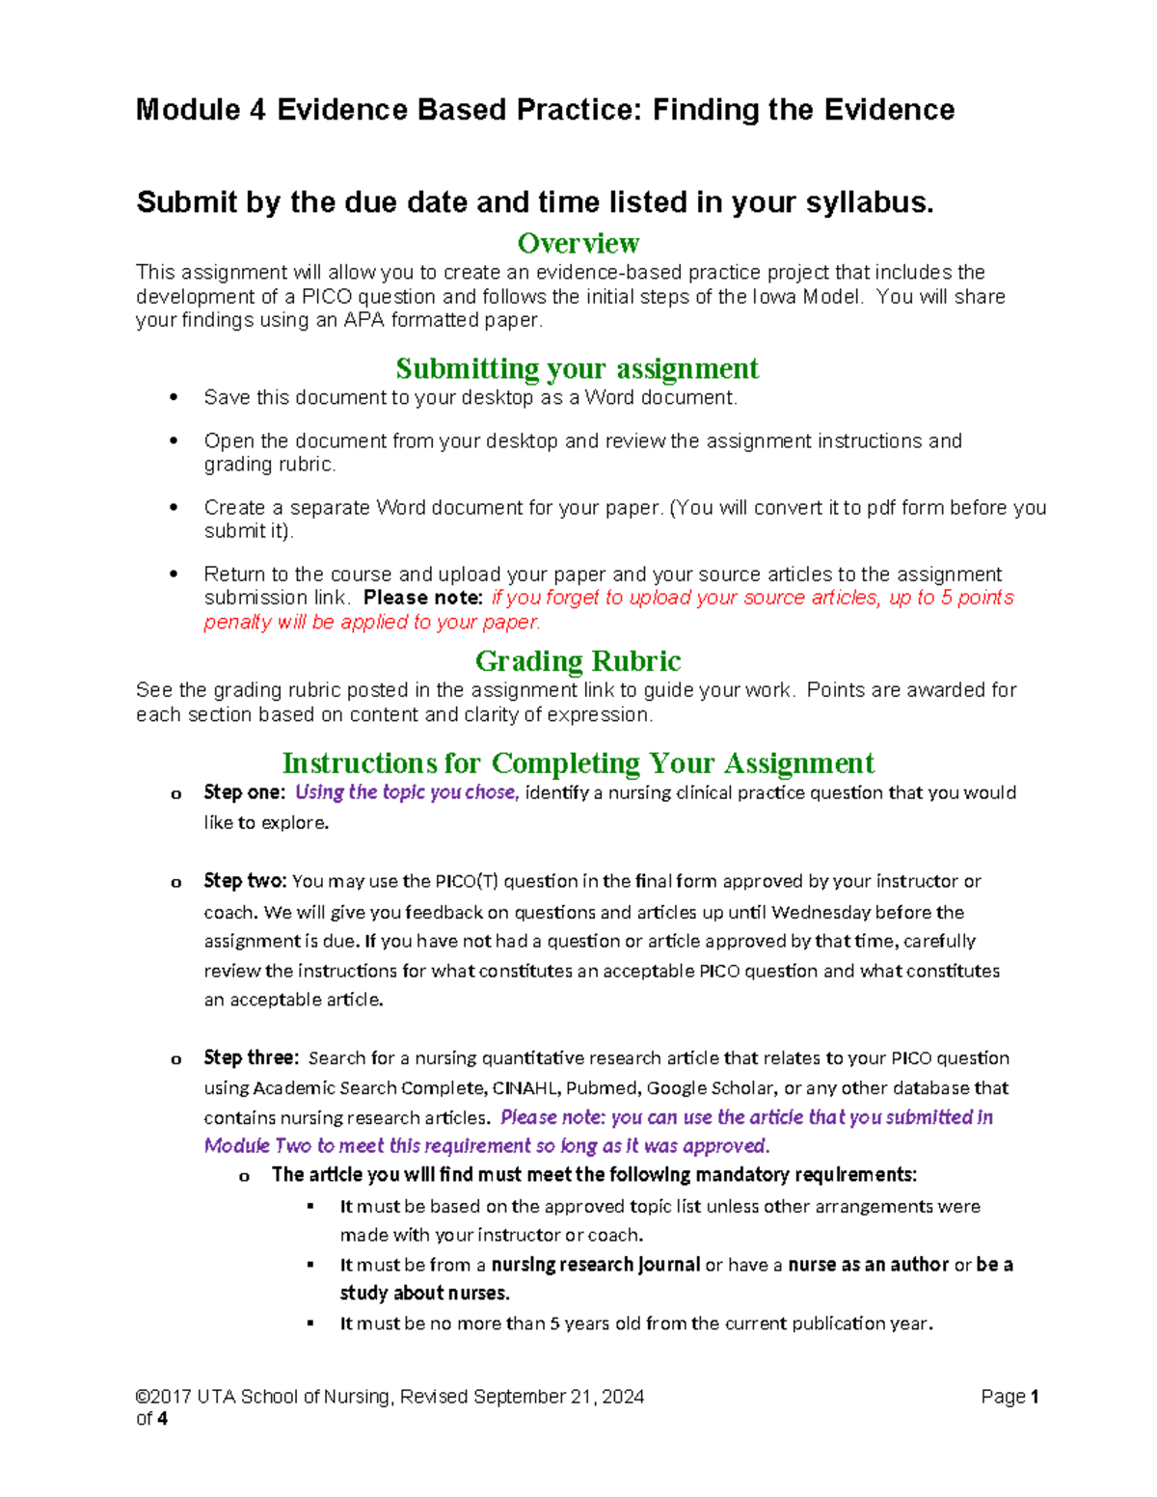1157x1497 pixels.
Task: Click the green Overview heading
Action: click(578, 243)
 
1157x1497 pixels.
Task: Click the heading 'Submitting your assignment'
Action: click(577, 368)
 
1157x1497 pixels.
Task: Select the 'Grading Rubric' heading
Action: click(578, 661)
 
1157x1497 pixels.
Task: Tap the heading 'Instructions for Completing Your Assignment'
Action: click(578, 763)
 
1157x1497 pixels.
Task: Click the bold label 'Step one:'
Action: click(244, 792)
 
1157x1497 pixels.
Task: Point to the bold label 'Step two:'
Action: click(245, 881)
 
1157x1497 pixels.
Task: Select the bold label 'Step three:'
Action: click(251, 1057)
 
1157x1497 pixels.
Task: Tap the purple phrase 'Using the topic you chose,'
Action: click(407, 792)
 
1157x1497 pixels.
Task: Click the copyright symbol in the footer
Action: click(143, 1397)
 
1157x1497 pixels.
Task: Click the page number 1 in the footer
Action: click(1035, 1397)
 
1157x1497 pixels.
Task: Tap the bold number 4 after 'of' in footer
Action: click(162, 1419)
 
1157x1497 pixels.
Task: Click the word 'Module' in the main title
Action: click(187, 110)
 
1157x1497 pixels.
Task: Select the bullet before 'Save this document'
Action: click(174, 398)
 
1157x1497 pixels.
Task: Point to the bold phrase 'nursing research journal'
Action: click(595, 1265)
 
